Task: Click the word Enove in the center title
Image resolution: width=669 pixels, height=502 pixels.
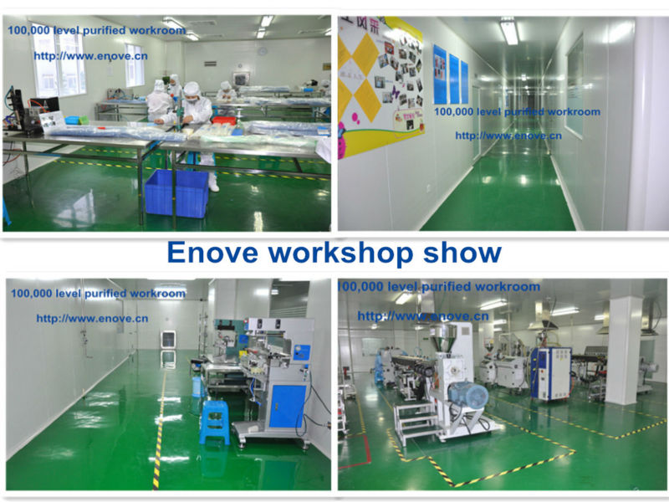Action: click(212, 253)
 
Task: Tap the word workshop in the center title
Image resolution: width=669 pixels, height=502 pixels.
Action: click(341, 254)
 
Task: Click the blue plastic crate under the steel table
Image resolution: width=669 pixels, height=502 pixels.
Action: click(176, 193)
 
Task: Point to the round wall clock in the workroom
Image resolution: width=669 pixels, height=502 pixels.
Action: click(262, 51)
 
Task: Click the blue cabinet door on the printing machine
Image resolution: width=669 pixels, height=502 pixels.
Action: click(289, 406)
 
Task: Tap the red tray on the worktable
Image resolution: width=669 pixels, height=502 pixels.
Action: click(223, 120)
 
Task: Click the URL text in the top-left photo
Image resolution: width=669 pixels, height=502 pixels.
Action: click(91, 56)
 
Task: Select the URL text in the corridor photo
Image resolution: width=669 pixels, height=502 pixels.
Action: click(508, 136)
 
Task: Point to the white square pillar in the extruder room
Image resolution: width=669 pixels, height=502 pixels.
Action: click(623, 351)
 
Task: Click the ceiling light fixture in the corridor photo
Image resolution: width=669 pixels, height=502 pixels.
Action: click(509, 31)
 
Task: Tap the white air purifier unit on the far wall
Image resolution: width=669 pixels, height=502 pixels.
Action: click(169, 340)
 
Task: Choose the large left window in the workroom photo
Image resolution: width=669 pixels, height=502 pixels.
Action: click(59, 59)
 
